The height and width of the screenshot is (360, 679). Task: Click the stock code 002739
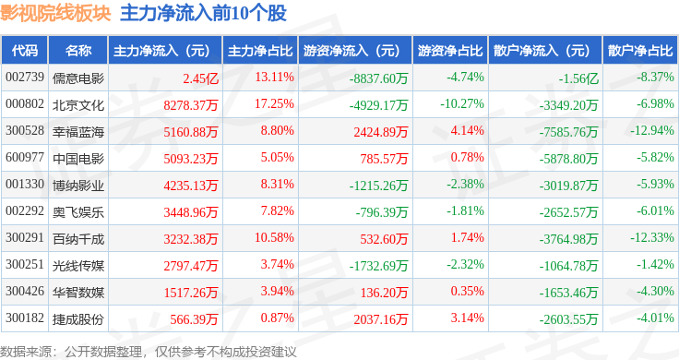pos(25,78)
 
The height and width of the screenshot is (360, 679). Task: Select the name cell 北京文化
pos(78,105)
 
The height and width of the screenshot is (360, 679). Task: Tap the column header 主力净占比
pos(260,51)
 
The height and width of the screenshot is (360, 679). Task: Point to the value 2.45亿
pos(200,78)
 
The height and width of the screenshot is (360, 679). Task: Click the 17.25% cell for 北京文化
pos(274,104)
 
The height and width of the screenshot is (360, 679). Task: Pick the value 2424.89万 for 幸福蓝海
pos(381,132)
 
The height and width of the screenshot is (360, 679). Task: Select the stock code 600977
pos(25,157)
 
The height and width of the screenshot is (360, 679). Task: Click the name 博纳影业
pos(78,186)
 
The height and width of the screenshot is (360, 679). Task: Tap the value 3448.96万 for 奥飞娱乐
pos(191,212)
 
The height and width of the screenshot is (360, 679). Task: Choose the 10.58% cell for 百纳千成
pos(274,238)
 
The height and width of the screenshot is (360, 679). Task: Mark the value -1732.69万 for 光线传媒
pos(378,266)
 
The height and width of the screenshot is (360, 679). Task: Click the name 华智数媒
pos(78,293)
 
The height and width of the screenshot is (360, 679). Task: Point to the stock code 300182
pos(25,318)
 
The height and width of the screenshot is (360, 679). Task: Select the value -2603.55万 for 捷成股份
pos(568,319)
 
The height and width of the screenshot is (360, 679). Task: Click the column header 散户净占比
pos(640,51)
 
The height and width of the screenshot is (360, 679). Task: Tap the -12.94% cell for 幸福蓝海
pos(651,130)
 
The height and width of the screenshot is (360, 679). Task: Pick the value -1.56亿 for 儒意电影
pos(578,78)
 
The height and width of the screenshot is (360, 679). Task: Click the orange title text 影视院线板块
pos(56,13)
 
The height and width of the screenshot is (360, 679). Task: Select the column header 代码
pos(25,51)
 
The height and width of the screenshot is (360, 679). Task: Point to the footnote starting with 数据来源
pos(149,352)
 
